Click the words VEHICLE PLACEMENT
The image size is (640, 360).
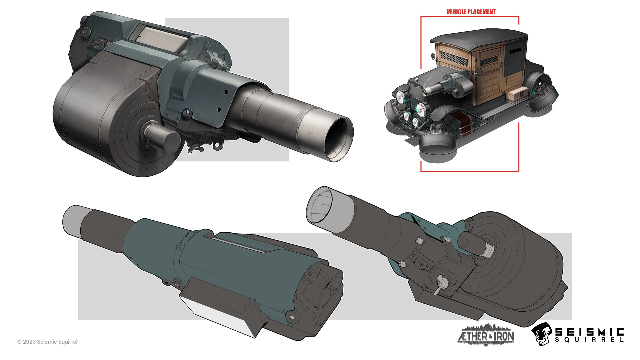click(471, 12)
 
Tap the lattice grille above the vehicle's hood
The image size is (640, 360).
click(454, 59)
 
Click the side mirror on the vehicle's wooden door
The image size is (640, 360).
click(478, 71)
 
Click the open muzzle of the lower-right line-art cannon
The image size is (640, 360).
click(320, 205)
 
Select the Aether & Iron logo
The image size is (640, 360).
click(486, 334)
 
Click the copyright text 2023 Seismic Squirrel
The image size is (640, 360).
click(47, 342)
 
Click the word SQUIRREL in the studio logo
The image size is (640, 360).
click(589, 340)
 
